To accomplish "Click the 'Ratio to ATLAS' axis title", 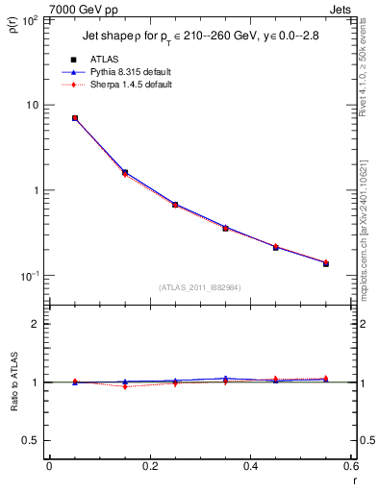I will pos(13,381).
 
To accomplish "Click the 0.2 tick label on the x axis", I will pos(150,466).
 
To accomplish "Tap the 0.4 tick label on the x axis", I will pos(251,466).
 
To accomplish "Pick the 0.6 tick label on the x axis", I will pos(351,466).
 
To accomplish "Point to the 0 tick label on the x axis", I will pos(49,466).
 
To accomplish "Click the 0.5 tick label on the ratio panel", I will pos(30,440).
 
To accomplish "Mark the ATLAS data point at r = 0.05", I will pos(74,118).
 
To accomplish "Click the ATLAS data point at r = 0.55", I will pos(326,262).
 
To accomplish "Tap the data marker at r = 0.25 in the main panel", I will pos(175,205).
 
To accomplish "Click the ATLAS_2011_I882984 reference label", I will pos(200,287).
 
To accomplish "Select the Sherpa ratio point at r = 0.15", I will pos(125,386).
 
